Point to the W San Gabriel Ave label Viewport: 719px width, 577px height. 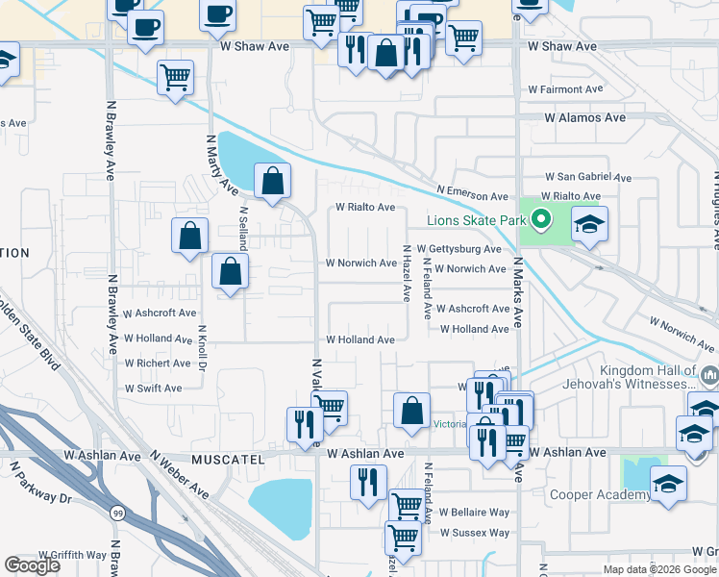[x=588, y=178]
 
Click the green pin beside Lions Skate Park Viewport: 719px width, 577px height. [x=540, y=220]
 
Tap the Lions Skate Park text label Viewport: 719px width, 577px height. [x=477, y=221]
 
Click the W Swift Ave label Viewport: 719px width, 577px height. [x=153, y=389]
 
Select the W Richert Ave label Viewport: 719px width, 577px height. [x=158, y=364]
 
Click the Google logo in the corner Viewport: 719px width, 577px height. [x=33, y=565]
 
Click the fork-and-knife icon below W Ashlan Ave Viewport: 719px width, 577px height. [x=367, y=483]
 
